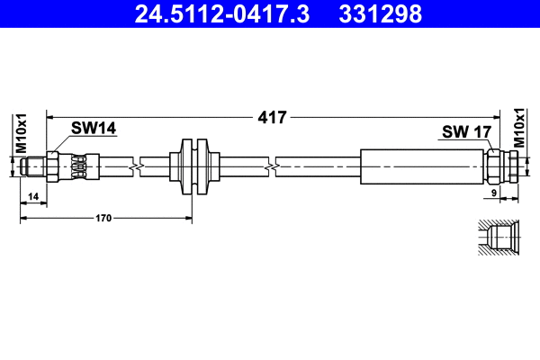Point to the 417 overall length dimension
point(271,117)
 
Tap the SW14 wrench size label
point(94,129)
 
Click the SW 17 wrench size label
point(466,132)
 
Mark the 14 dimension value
point(33,195)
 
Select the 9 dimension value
point(494,193)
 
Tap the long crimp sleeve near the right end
point(423,166)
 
